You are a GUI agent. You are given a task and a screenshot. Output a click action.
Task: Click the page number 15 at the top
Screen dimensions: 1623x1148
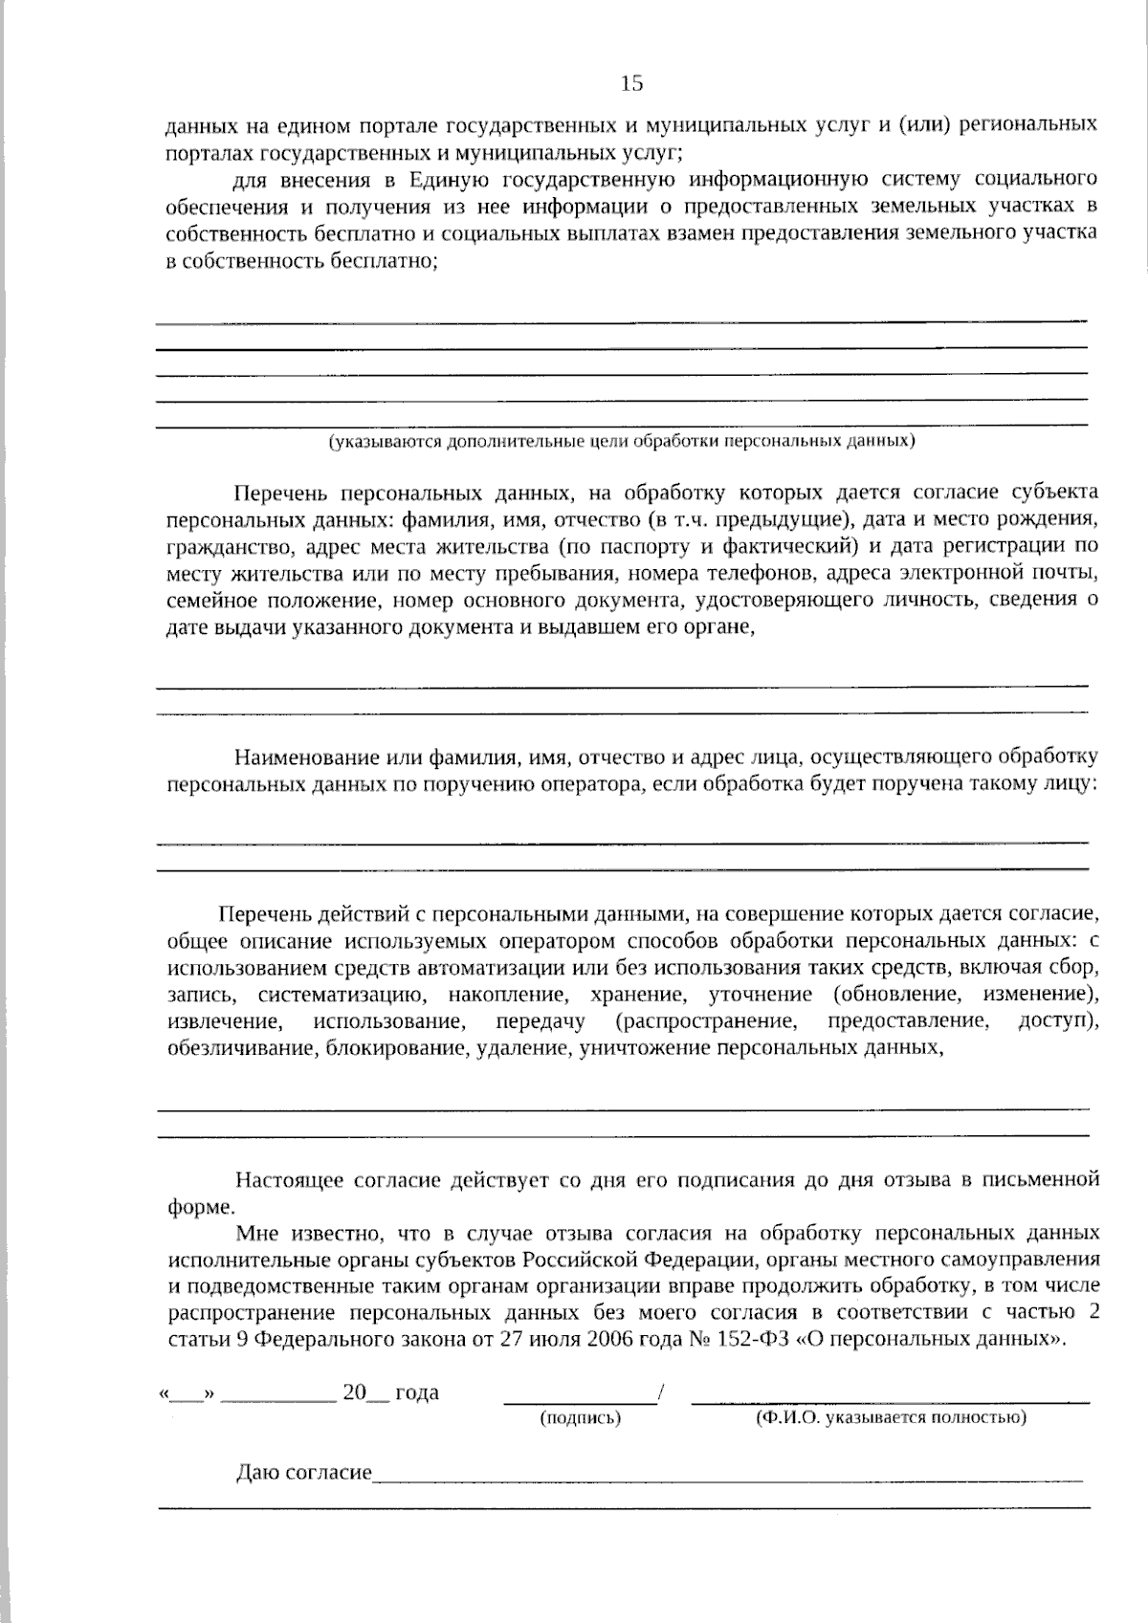coord(631,83)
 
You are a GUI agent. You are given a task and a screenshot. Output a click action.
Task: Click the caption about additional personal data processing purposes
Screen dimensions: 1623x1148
coord(622,442)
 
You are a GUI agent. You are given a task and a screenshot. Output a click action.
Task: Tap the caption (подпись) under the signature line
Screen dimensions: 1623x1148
coord(581,1418)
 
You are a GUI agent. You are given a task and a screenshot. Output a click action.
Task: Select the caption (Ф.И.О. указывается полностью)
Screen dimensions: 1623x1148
coord(891,1417)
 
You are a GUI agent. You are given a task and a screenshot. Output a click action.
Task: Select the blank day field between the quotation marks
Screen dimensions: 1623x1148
coord(188,1394)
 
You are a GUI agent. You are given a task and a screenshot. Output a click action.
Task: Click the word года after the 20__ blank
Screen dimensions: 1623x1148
coord(417,1393)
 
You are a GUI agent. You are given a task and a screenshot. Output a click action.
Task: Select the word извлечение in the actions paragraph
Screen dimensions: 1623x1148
coord(224,1021)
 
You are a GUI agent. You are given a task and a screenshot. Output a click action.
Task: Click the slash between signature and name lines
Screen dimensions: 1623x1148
coord(660,1393)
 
